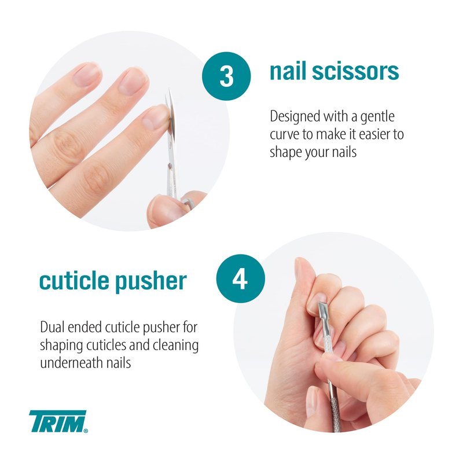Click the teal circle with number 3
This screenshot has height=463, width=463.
[226, 76]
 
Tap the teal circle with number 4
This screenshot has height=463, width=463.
[240, 278]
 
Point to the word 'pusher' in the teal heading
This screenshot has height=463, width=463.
[151, 282]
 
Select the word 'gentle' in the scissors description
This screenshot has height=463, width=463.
[377, 117]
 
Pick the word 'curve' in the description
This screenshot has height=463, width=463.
[284, 135]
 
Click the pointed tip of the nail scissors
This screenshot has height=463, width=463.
[170, 89]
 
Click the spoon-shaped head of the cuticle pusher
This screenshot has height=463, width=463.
[322, 313]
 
